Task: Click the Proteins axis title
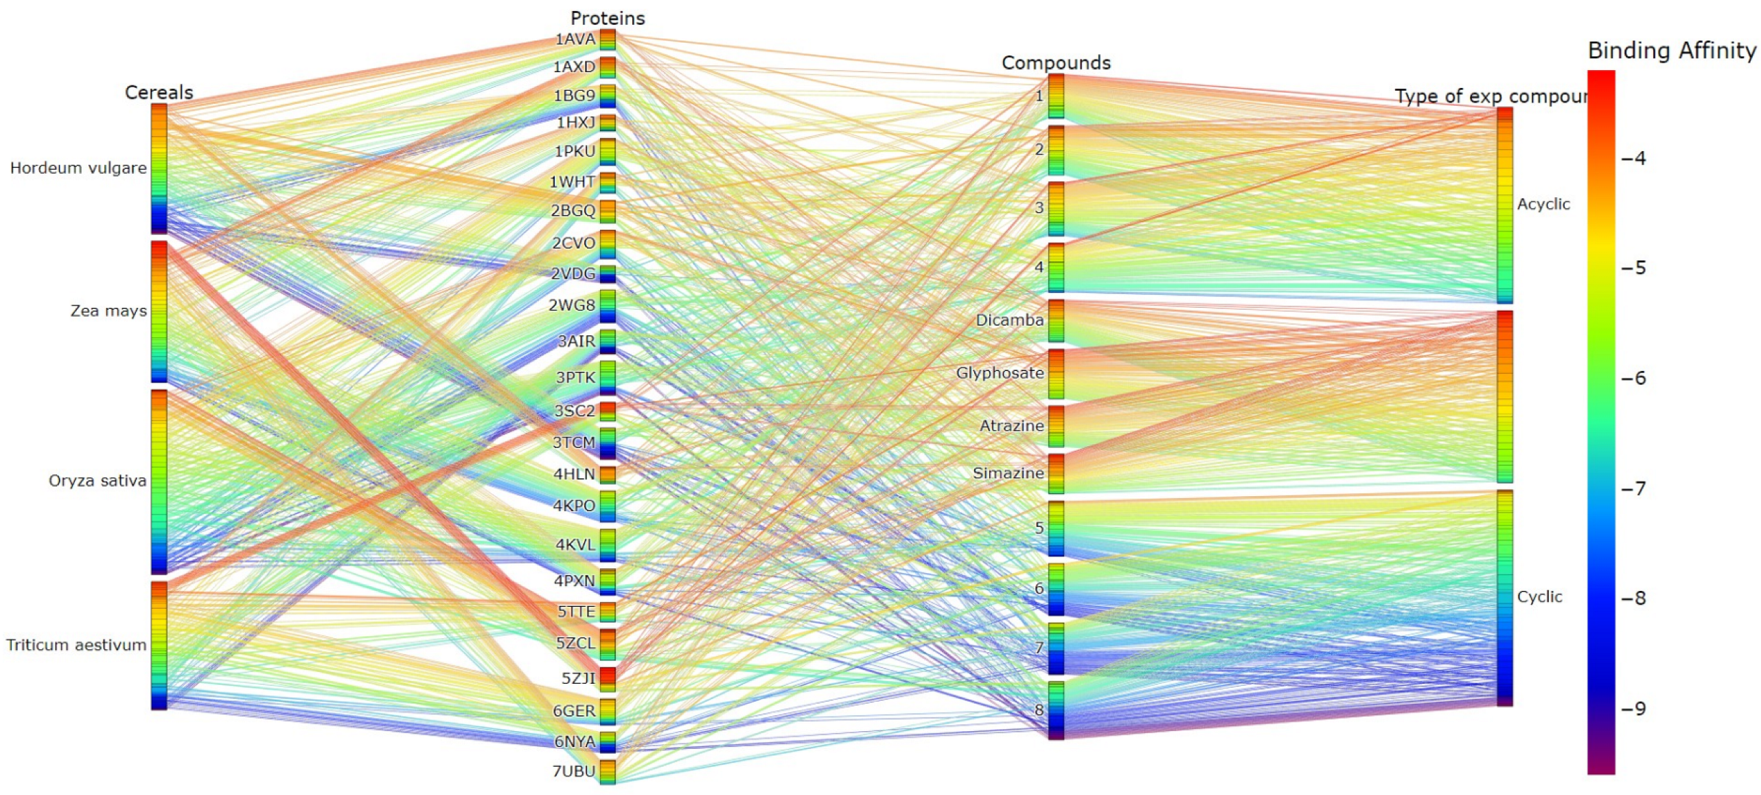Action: click(607, 18)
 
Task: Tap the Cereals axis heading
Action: click(159, 92)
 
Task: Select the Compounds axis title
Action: click(1055, 63)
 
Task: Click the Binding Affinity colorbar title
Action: click(1671, 50)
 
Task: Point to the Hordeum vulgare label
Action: click(78, 168)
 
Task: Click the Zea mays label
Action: click(108, 311)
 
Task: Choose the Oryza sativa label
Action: click(97, 480)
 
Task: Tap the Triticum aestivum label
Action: click(76, 645)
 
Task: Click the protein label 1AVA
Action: click(575, 39)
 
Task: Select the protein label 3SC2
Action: click(575, 411)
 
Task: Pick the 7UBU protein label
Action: click(574, 771)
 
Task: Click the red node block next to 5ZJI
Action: click(608, 678)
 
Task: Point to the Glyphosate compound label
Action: click(1000, 373)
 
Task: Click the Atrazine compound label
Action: click(1011, 426)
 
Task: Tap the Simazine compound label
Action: click(1008, 473)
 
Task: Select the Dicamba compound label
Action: click(1009, 320)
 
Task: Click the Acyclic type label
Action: click(1543, 204)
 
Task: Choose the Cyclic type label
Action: click(1539, 596)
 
